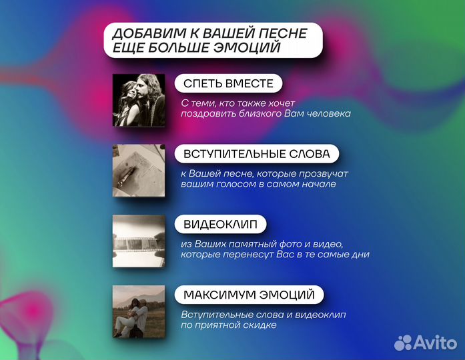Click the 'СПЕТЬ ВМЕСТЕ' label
tap(228, 83)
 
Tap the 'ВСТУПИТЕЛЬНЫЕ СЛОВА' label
tap(256, 154)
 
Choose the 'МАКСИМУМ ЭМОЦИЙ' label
tap(249, 294)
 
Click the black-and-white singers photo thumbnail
tap(138, 99)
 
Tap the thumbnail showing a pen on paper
tap(138, 170)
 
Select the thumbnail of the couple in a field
tap(138, 311)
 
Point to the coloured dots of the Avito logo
tap(404, 343)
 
